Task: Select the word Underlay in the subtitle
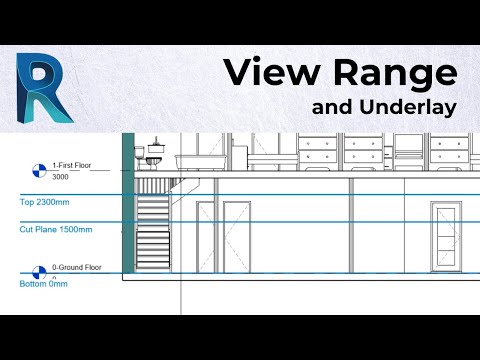[x=409, y=107]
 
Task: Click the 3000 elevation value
[x=60, y=177]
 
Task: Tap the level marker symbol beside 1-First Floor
[x=38, y=170]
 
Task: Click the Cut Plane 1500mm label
[x=56, y=229]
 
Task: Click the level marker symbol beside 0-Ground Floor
[x=38, y=272]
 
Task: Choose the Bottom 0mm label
[x=43, y=284]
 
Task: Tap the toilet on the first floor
[x=153, y=159]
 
